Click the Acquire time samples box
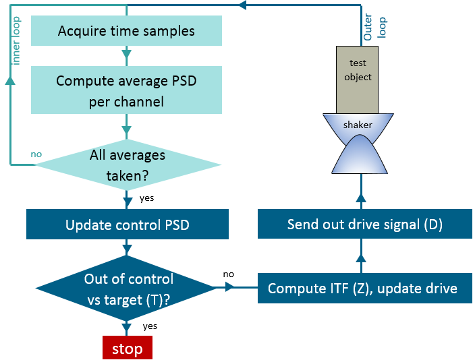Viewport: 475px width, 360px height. (x=126, y=31)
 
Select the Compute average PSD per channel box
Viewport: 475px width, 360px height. (x=126, y=90)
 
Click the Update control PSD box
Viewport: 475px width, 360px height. (x=127, y=224)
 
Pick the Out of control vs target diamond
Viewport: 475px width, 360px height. (x=128, y=289)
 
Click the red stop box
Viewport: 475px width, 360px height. (x=127, y=349)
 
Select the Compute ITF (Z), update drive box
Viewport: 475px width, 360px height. (x=362, y=289)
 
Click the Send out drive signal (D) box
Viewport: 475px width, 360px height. (x=364, y=224)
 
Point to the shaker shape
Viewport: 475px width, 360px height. (x=360, y=144)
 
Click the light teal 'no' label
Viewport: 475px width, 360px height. (x=36, y=154)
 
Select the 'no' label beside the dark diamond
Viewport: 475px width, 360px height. (x=229, y=274)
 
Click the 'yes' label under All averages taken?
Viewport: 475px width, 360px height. (x=146, y=199)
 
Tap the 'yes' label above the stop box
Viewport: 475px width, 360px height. (x=150, y=326)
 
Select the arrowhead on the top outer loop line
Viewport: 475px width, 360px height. (x=244, y=5)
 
